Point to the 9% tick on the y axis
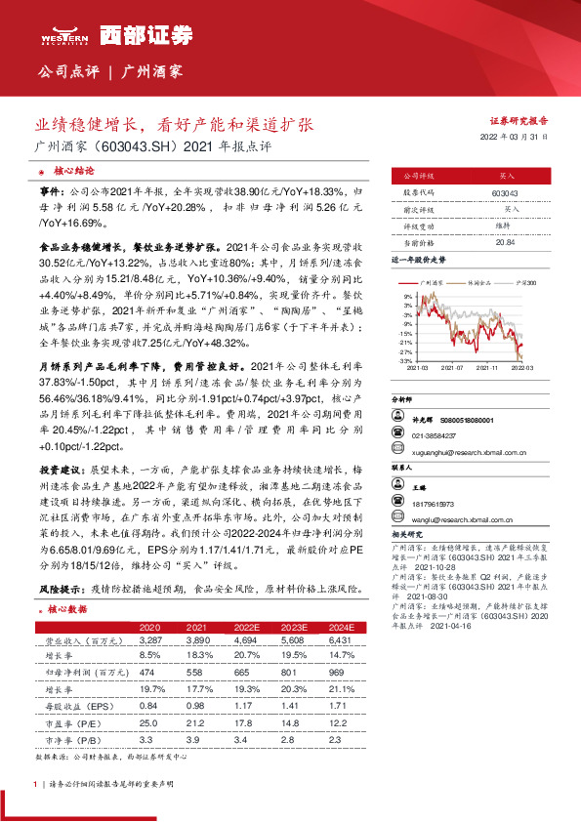(x=408, y=294)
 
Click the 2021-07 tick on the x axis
(x=452, y=368)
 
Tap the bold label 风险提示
(x=58, y=591)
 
